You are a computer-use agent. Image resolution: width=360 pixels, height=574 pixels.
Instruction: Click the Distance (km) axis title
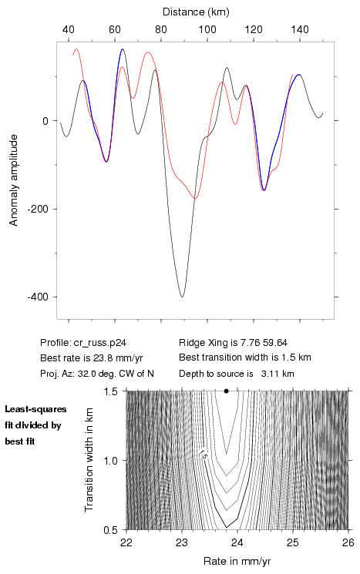(x=196, y=12)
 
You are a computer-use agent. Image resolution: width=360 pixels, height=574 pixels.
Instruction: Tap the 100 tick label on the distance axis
(x=207, y=29)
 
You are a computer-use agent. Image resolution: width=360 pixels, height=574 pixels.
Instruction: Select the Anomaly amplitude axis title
(x=14, y=180)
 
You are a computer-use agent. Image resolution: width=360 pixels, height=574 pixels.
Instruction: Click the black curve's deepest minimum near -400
(x=182, y=297)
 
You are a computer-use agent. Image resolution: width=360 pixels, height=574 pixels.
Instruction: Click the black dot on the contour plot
(x=227, y=391)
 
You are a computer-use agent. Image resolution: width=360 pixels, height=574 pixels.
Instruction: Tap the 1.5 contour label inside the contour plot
(x=204, y=455)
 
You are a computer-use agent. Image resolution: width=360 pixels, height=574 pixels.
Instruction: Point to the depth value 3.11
(x=270, y=374)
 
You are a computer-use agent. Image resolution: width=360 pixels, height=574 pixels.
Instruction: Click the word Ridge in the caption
(x=188, y=343)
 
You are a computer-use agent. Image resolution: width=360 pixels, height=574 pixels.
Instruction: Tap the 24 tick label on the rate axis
(x=237, y=542)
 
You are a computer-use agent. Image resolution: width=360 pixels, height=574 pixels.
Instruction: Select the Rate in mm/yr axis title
(x=237, y=561)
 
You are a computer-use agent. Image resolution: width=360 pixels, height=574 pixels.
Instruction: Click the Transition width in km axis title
(x=89, y=460)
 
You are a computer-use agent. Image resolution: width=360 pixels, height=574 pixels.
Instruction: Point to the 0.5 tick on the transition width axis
(x=110, y=530)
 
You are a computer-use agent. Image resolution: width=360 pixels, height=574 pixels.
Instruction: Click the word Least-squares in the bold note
(x=36, y=409)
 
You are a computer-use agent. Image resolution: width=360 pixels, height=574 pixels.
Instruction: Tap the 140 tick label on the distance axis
(x=300, y=29)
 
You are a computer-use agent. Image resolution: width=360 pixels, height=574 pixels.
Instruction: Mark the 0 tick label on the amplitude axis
(x=45, y=121)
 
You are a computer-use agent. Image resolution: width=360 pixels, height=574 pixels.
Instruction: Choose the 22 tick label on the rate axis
(x=126, y=542)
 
